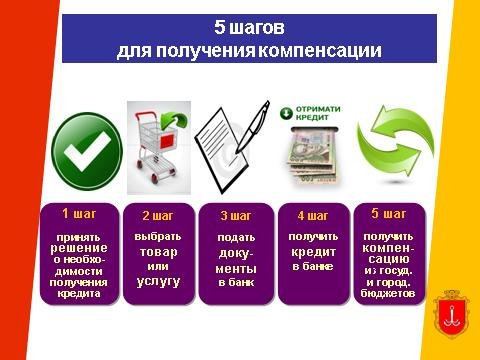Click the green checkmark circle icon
pos(87,151)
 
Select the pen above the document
pos(253,127)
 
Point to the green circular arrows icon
pos(395,144)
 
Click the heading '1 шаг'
pos(79,214)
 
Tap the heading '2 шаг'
pos(158,216)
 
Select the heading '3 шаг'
pos(235,216)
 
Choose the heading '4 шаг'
pos(313,216)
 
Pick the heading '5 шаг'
pos(389,214)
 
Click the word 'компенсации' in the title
pos(320,51)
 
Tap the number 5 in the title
pos(220,27)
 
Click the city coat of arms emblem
pos(451,314)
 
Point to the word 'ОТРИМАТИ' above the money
pos(318,109)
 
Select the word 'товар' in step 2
pos(158,252)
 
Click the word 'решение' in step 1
pos(79,248)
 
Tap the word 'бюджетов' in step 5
pos(388,293)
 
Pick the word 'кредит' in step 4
pos(313,252)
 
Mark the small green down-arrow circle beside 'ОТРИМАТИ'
pos(286,113)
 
